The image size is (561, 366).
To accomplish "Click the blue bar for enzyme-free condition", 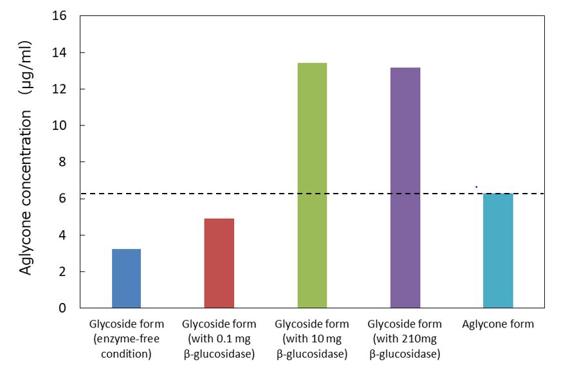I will click(126, 278).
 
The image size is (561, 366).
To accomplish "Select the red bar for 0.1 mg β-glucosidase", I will click(219, 263).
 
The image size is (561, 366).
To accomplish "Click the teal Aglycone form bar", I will click(498, 250).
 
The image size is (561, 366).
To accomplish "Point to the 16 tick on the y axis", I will click(59, 15).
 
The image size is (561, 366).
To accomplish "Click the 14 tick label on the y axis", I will click(59, 52).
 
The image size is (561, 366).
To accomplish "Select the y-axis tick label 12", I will click(59, 89).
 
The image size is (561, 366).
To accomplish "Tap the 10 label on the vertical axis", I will click(59, 125).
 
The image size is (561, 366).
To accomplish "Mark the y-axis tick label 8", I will click(62, 162).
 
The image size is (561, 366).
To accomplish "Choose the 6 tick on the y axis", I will click(62, 198).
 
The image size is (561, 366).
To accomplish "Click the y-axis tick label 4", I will click(62, 235).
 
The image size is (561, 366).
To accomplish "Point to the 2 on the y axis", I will click(62, 271).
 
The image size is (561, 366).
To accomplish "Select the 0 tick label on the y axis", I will click(62, 308).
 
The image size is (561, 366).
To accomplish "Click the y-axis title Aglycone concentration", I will click(26, 192).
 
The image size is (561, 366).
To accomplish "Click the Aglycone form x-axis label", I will click(498, 324).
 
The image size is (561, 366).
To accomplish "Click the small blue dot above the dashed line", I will click(476, 187).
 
